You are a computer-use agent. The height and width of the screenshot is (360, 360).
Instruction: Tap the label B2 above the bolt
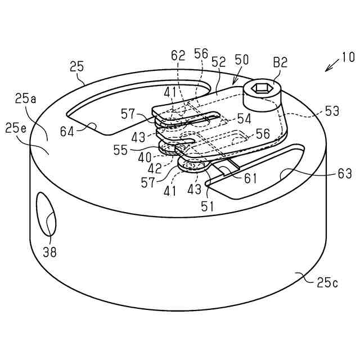pyautogui.click(x=280, y=63)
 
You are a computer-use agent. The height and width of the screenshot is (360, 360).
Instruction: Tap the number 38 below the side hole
pyautogui.click(x=49, y=253)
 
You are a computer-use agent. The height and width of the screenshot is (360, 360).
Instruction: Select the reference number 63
pyautogui.click(x=345, y=174)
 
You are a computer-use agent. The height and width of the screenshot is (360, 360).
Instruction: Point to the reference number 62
pyautogui.click(x=178, y=56)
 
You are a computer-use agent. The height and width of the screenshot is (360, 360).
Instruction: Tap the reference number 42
pyautogui.click(x=155, y=167)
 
